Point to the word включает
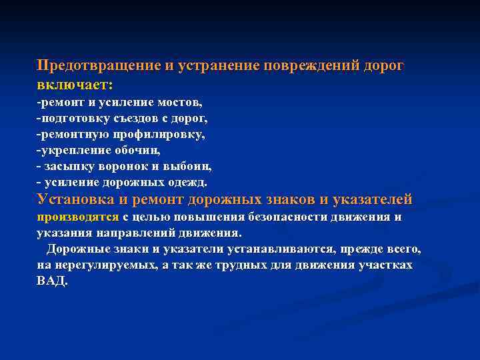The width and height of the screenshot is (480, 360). tap(73, 86)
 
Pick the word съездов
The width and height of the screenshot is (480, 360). tap(143, 119)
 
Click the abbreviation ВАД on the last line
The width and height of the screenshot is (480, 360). tap(51, 281)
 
